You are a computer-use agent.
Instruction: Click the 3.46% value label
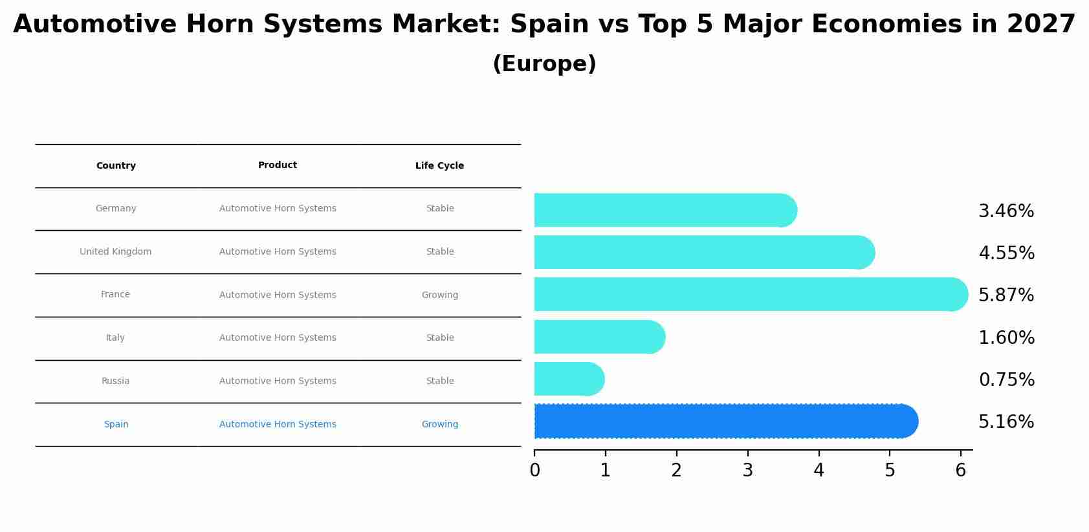tap(1006, 211)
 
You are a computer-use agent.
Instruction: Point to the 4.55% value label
tap(1006, 253)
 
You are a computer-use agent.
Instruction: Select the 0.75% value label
tap(1006, 380)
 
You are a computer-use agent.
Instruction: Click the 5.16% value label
tap(1006, 422)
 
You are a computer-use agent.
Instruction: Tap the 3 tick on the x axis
tap(748, 470)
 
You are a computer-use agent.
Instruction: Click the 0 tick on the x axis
tap(534, 470)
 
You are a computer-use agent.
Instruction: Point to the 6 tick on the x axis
tap(961, 470)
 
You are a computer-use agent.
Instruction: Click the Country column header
tap(116, 165)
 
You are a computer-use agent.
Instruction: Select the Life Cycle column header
tap(439, 165)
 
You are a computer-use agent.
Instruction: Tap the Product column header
tap(278, 165)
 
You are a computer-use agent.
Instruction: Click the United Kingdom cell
tap(115, 251)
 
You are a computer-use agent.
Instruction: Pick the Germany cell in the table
tap(116, 208)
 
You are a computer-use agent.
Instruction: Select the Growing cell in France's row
tap(439, 295)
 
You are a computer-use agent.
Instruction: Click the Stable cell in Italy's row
tap(439, 337)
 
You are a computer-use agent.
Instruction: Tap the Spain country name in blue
tap(116, 424)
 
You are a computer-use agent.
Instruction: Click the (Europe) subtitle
tap(544, 64)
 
